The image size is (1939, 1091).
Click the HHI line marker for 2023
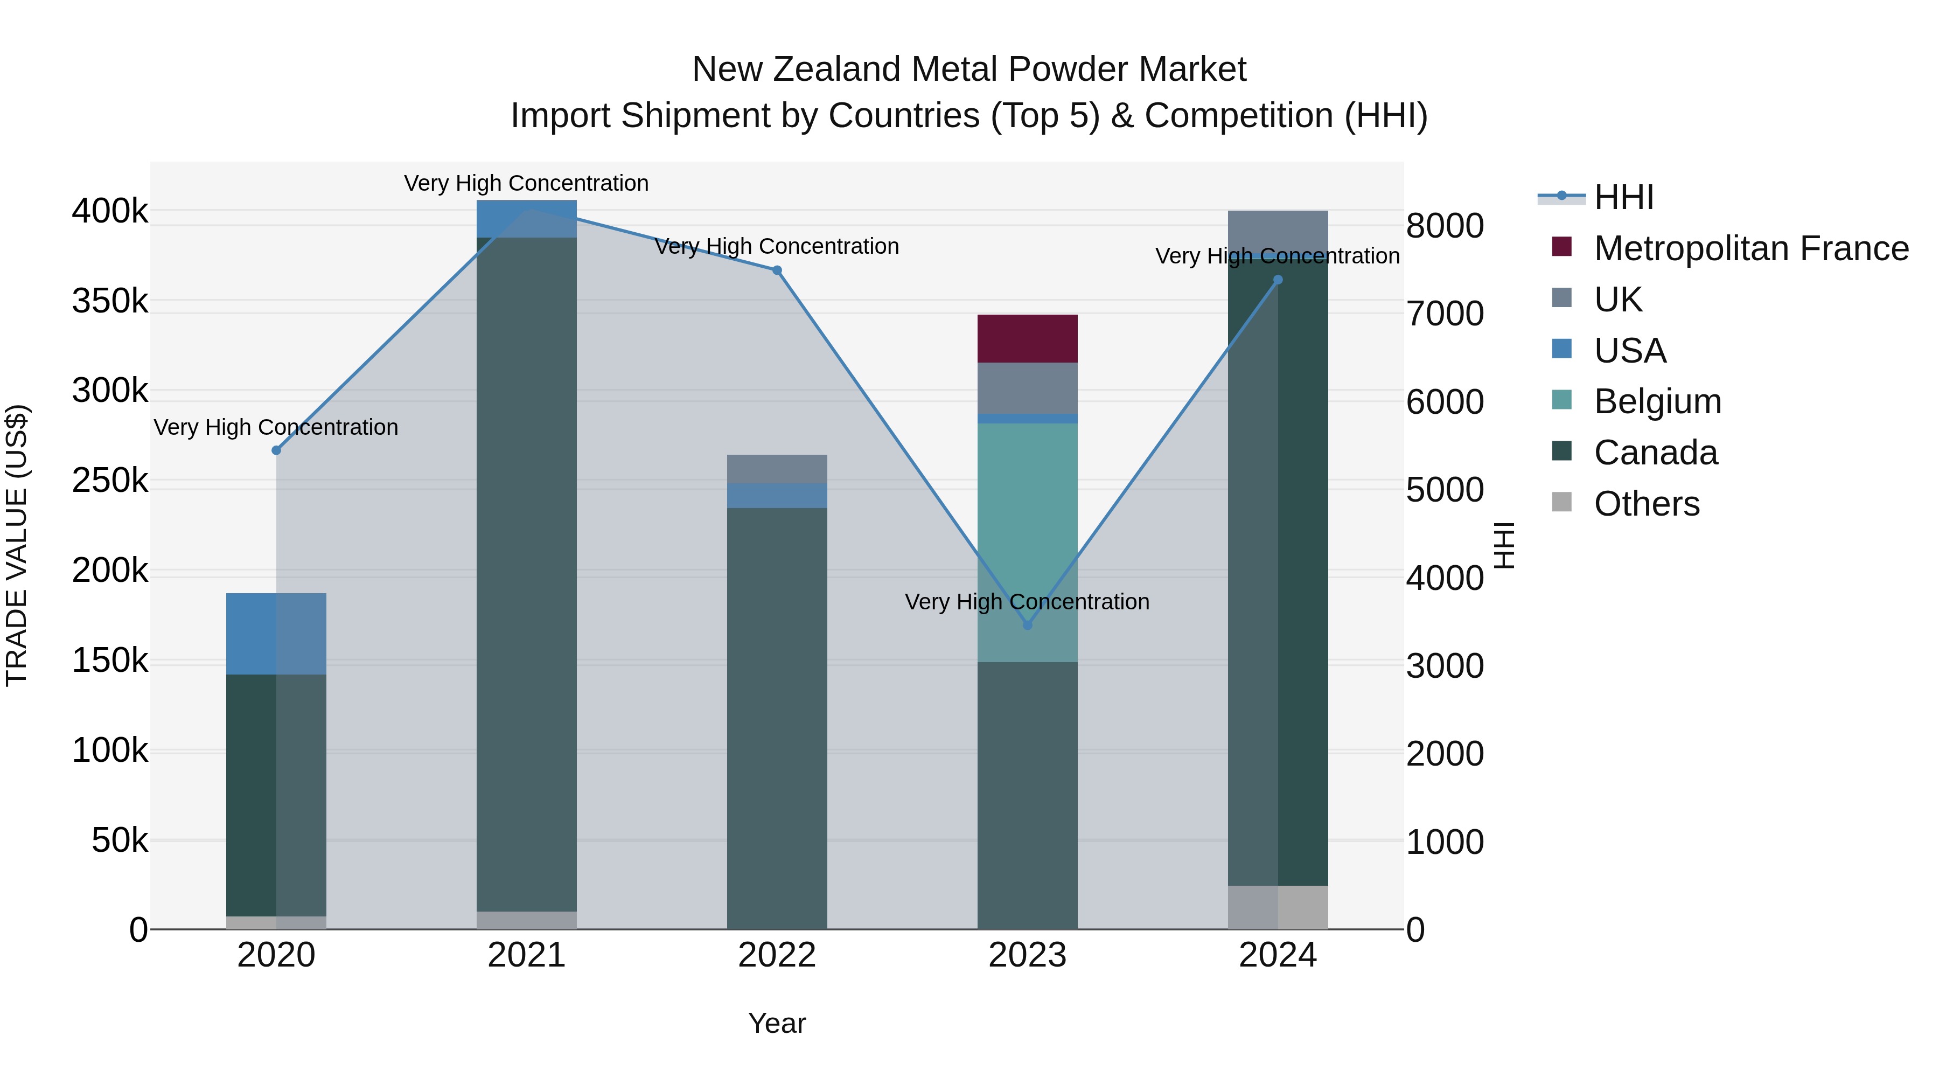coord(1028,625)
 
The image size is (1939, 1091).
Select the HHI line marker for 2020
coord(276,450)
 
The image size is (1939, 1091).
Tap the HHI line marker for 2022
coord(777,270)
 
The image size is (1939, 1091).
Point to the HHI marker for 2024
coord(1278,280)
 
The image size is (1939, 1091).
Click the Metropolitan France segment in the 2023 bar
coord(1028,339)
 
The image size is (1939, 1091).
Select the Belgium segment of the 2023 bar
coord(1028,542)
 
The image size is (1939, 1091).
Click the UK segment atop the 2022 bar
coord(777,468)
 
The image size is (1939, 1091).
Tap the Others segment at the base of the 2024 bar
coord(1278,907)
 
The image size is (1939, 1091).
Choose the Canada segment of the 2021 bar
coord(527,572)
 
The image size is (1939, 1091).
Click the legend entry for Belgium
coord(1657,401)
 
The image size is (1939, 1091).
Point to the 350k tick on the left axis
coord(110,301)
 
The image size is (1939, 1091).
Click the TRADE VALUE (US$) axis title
coord(17,545)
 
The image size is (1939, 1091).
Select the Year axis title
coord(777,1023)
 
